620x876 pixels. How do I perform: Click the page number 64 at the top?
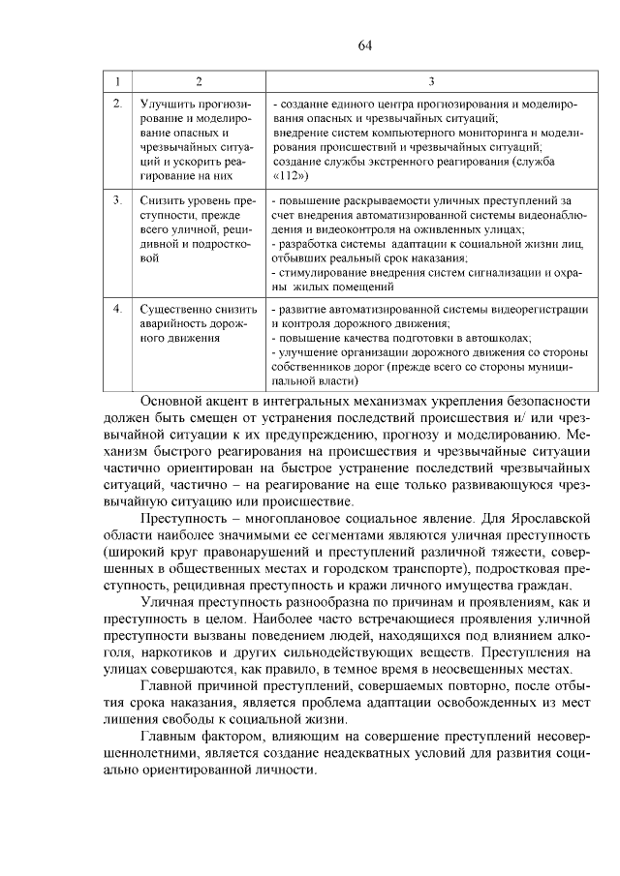tap(364, 45)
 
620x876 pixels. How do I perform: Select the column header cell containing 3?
tap(431, 81)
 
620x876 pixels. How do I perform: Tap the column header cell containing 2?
tap(198, 81)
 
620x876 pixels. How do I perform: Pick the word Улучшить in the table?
tap(166, 102)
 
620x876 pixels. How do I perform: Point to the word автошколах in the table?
tap(495, 339)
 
